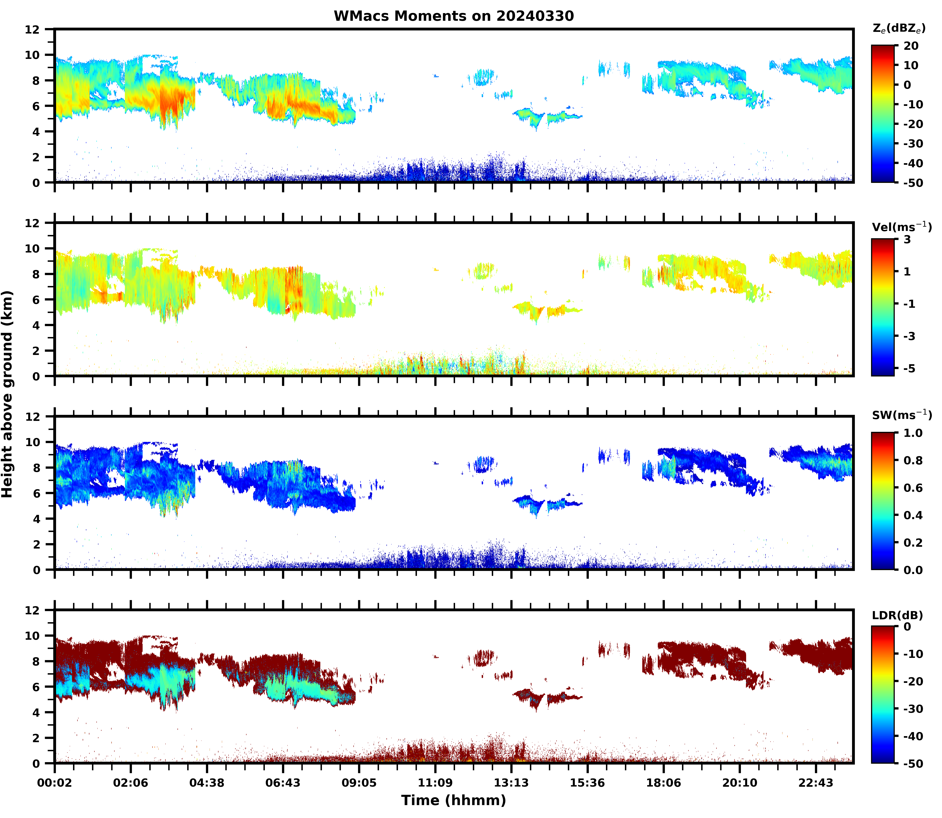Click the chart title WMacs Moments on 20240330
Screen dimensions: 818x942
(x=453, y=16)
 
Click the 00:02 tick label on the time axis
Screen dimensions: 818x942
(x=55, y=783)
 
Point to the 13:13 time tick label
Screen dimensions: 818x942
(x=511, y=783)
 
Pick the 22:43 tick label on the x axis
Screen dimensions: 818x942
(x=816, y=783)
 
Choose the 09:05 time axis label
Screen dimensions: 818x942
(x=359, y=783)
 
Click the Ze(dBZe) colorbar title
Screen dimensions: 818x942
(x=899, y=28)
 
